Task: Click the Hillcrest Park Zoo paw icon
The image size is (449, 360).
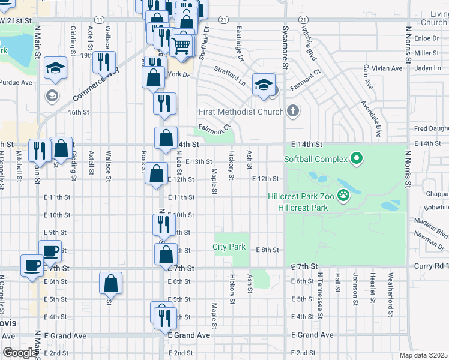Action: coord(343,194)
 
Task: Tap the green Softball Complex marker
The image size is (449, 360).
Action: coord(357,159)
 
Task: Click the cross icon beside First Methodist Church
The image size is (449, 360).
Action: coord(292,111)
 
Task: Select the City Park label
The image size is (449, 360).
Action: coord(229,247)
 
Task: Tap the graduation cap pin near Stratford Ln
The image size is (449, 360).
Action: coord(264,85)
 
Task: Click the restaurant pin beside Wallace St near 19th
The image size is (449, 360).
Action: coord(104,62)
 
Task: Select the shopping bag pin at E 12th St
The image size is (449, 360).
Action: coord(157,175)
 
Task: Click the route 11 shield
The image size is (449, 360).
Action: coord(99,20)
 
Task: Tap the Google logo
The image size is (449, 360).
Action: coord(20,353)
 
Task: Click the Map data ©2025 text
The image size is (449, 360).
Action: coord(423,355)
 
